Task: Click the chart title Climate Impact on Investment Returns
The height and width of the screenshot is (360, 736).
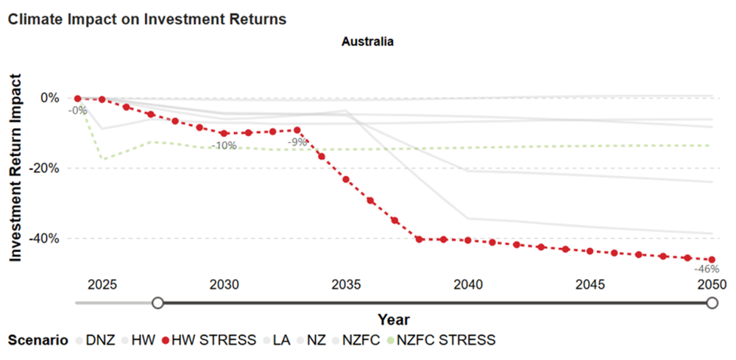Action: tap(146, 19)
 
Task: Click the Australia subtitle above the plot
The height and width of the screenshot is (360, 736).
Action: tap(367, 42)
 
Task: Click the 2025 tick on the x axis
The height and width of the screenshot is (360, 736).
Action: tap(102, 284)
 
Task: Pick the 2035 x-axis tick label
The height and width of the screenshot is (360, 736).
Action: tap(346, 284)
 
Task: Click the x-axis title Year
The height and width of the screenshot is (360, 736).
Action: tap(393, 320)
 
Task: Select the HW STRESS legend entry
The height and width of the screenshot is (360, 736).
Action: tap(210, 340)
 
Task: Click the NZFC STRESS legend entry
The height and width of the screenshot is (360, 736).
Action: tap(446, 340)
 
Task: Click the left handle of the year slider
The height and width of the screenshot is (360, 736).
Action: tap(157, 303)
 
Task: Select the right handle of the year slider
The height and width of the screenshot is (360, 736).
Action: tap(712, 303)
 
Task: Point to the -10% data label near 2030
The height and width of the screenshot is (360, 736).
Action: tap(224, 146)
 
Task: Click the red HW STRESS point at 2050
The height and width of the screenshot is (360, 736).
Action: tap(712, 259)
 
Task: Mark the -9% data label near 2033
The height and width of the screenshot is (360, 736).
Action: tap(297, 141)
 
